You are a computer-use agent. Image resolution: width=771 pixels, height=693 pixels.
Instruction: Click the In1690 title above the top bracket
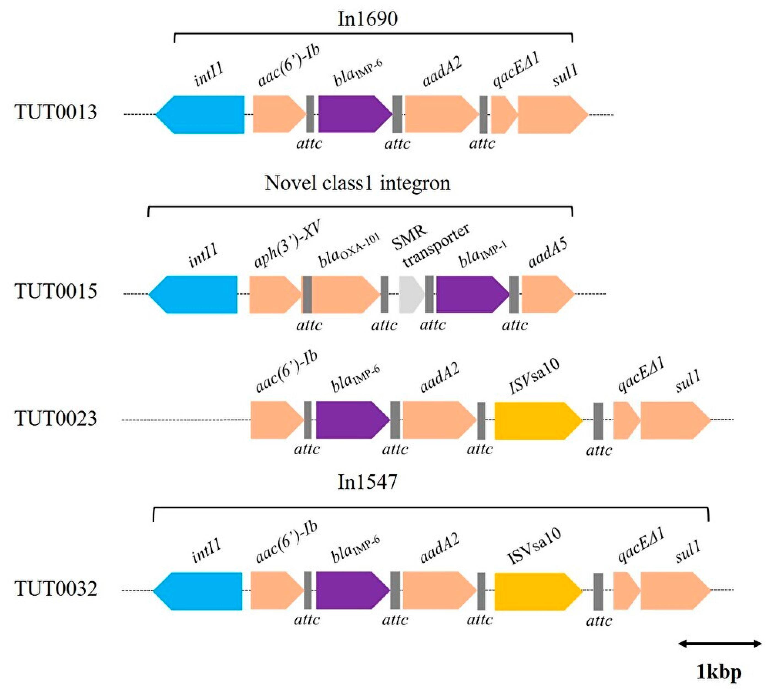(367, 19)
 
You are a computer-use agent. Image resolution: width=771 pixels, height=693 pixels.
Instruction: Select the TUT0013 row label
(56, 112)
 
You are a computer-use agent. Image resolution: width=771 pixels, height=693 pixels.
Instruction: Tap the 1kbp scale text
(719, 672)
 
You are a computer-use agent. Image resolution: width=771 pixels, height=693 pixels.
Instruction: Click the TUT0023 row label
(56, 418)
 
